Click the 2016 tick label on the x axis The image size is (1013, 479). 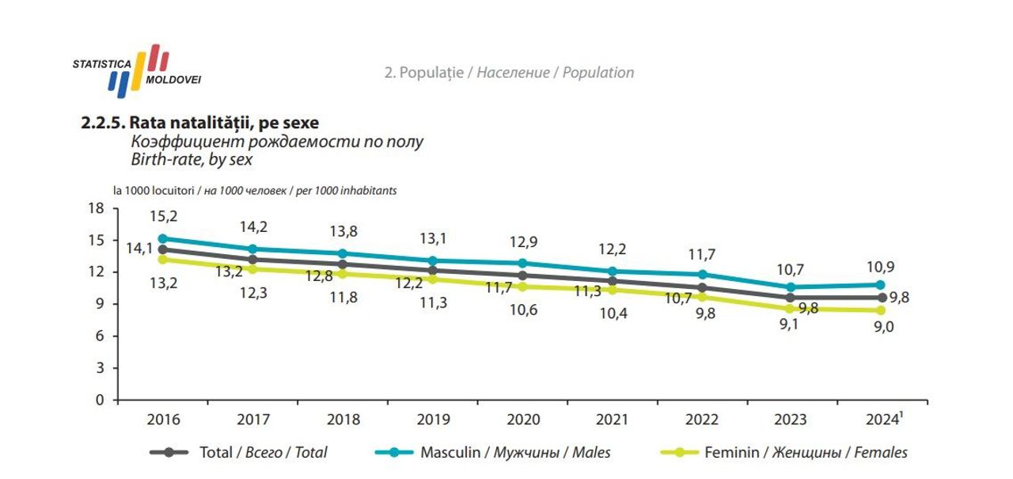tap(164, 420)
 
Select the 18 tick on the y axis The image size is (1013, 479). tap(96, 208)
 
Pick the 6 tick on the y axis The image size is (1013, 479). tap(100, 336)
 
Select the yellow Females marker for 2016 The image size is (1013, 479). tap(163, 259)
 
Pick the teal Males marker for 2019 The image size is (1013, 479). tap(433, 260)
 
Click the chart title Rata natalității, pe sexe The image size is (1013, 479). tap(200, 124)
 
